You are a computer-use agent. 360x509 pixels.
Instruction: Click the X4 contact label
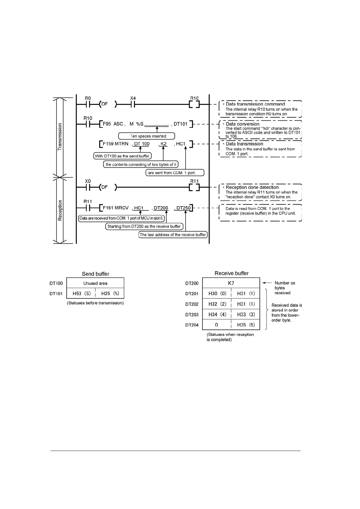(x=133, y=98)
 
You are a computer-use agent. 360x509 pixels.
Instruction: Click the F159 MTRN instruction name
(x=116, y=144)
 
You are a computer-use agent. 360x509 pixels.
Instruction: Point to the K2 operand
(x=163, y=144)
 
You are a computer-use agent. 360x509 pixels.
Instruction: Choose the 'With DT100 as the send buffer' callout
(x=122, y=156)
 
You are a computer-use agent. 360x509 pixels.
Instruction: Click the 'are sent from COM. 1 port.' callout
(x=172, y=173)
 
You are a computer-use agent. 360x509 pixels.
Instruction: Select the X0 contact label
(x=88, y=181)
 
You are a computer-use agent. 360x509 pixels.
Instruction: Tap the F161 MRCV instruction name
(x=116, y=208)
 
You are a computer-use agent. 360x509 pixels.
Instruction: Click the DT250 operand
(x=183, y=208)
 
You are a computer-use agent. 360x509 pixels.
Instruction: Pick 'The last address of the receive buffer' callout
(x=173, y=235)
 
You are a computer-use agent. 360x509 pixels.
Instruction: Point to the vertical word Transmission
(x=60, y=137)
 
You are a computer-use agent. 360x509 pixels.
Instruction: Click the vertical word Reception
(x=60, y=210)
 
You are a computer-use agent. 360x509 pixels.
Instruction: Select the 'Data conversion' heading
(x=243, y=124)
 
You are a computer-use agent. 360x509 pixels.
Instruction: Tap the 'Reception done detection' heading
(x=252, y=187)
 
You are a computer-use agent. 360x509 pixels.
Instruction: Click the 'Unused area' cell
(x=95, y=283)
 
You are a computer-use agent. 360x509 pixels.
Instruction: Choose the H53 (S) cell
(x=81, y=293)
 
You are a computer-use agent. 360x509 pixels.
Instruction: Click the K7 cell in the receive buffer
(x=231, y=283)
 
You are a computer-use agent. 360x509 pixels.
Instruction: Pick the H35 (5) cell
(x=246, y=325)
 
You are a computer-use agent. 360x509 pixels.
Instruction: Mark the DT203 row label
(x=192, y=315)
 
